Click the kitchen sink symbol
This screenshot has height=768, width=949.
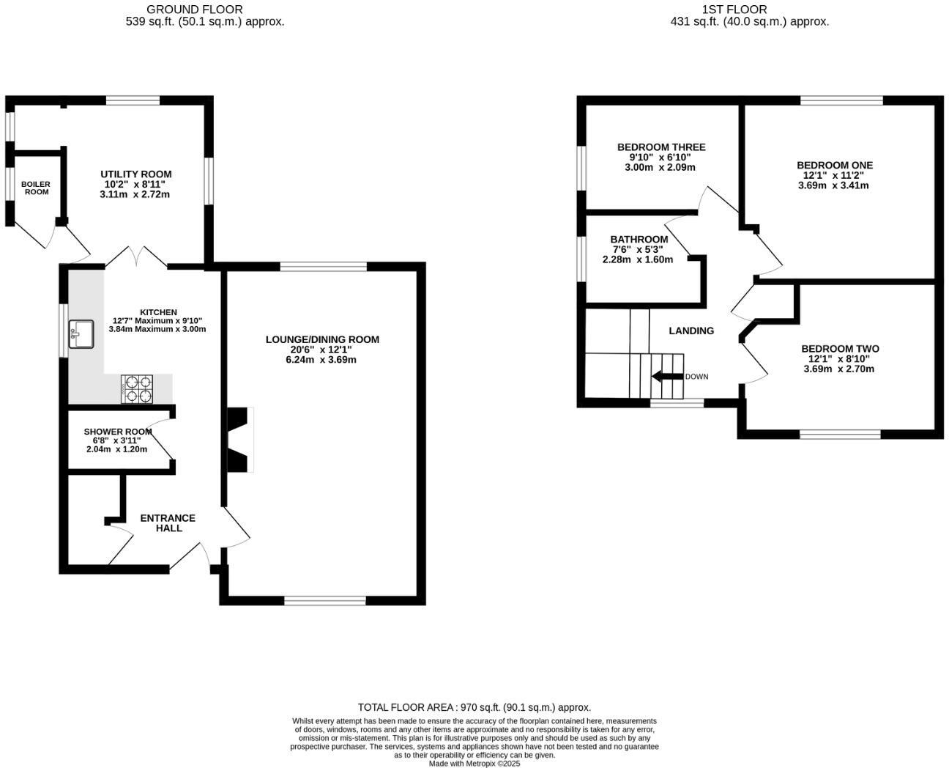[x=81, y=334]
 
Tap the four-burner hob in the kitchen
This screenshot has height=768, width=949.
[x=138, y=389]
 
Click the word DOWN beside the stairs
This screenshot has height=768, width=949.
[x=696, y=377]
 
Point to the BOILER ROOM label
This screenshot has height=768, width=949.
[x=36, y=188]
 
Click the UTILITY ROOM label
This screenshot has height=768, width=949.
[x=136, y=174]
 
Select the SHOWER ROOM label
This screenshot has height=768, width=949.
[x=118, y=432]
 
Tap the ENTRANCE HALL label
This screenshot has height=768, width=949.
[x=168, y=523]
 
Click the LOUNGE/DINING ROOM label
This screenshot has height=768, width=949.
[x=322, y=339]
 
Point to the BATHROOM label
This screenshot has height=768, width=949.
[x=639, y=240]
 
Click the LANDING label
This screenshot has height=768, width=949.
[x=691, y=331]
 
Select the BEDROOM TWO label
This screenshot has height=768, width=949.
[x=840, y=349]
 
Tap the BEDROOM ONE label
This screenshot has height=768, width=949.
[x=835, y=166]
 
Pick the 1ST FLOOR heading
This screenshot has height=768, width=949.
[x=734, y=10]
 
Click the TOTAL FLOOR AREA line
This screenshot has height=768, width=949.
[x=474, y=707]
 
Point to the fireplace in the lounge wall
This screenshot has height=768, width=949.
[x=239, y=440]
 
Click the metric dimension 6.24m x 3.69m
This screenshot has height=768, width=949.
[x=322, y=360]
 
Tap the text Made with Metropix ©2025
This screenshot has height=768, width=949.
[x=474, y=763]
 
